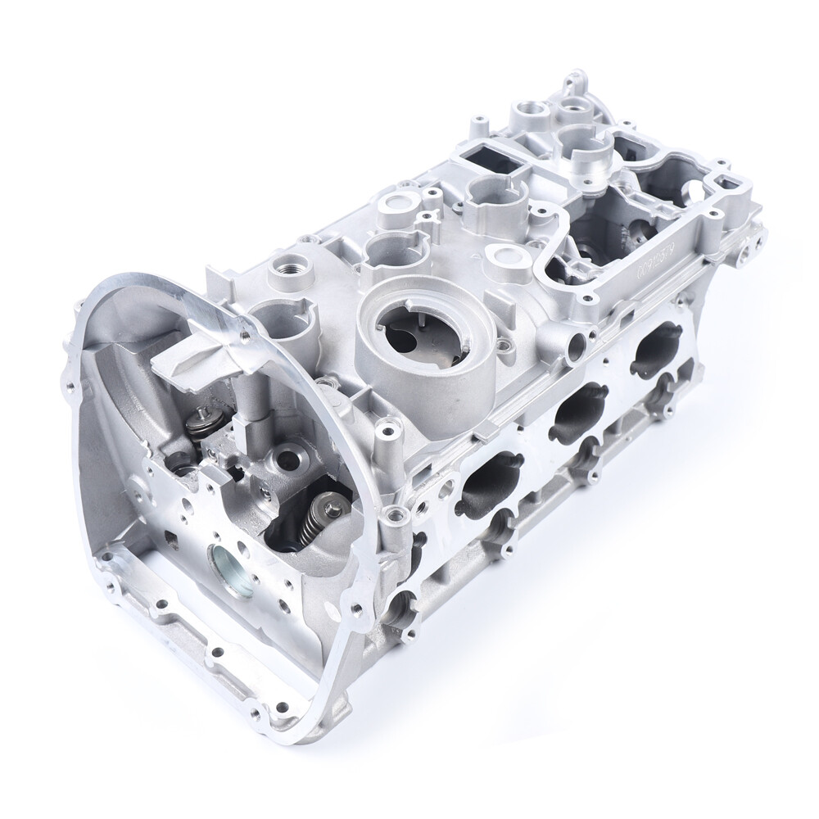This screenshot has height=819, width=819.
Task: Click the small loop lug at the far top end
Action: point(570,83)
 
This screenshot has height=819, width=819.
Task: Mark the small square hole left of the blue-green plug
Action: point(170,538)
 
